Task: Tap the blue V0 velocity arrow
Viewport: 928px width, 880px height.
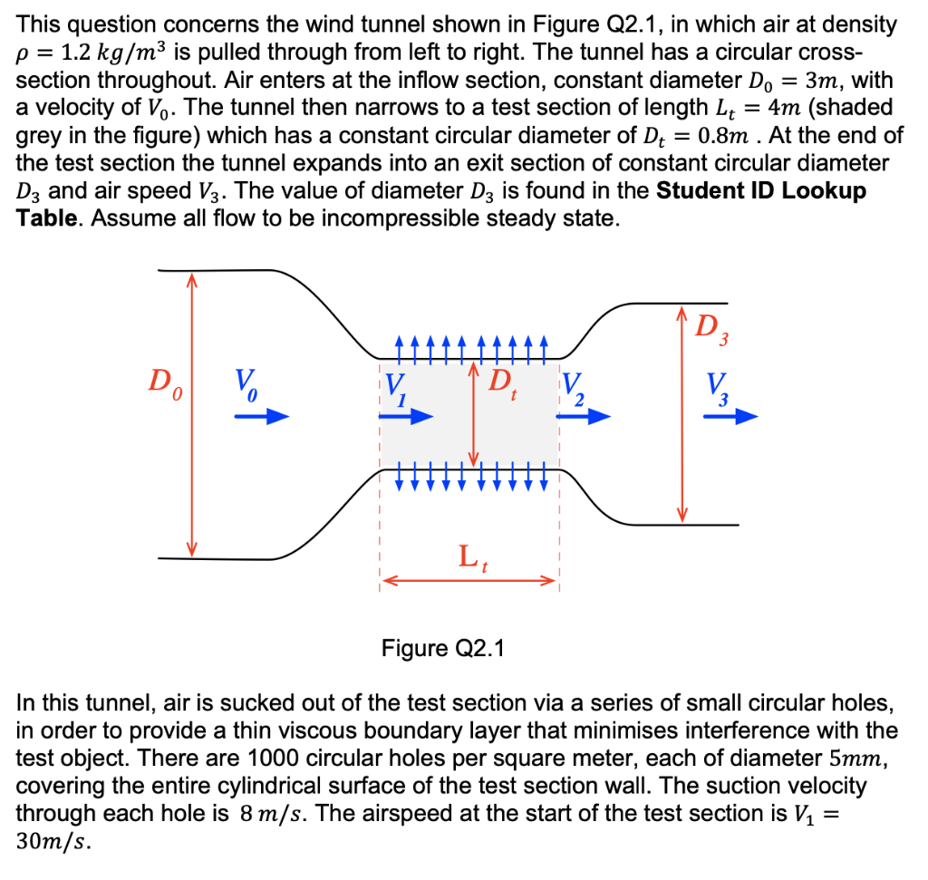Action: click(x=262, y=417)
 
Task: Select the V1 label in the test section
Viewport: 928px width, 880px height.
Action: click(x=395, y=392)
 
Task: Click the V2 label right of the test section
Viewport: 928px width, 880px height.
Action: click(x=576, y=392)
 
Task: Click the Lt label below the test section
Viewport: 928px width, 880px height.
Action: click(x=471, y=556)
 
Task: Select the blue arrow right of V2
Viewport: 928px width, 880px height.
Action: click(x=589, y=418)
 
